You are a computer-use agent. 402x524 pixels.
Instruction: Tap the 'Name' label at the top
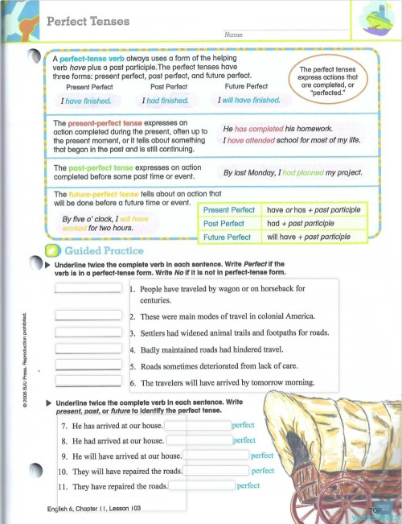tap(234, 35)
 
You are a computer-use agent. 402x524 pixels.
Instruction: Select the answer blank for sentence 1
tap(88, 291)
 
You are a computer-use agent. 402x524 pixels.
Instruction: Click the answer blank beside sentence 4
tap(88, 349)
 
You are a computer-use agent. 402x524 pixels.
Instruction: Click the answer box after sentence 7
tap(198, 424)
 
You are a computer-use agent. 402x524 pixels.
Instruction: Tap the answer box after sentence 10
tap(216, 470)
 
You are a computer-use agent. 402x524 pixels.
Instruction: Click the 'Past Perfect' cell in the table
tap(224, 223)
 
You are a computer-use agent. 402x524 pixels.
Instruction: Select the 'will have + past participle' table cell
tap(309, 237)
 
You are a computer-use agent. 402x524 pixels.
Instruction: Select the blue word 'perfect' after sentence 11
tap(248, 485)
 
